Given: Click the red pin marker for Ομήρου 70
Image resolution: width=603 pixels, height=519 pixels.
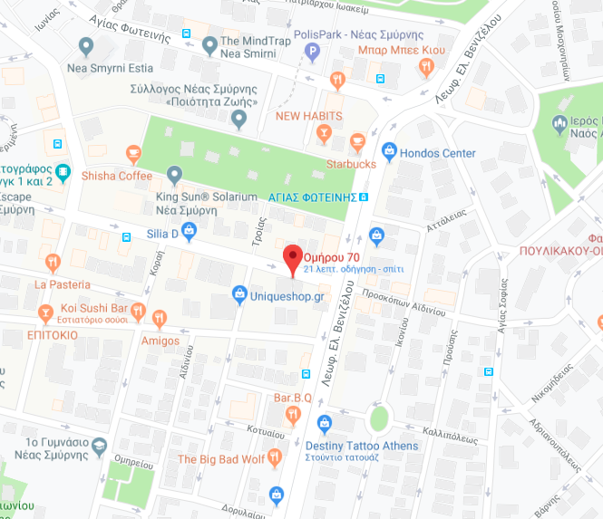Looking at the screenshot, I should tap(292, 257).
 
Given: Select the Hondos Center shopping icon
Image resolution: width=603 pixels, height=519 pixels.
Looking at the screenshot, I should tap(390, 152).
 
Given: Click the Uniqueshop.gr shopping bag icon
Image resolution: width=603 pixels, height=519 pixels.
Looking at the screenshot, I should tap(239, 293).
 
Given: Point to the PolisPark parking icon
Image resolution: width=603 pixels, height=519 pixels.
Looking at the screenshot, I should tap(313, 53).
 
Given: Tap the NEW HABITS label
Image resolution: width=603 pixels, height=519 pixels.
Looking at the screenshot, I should tap(309, 116).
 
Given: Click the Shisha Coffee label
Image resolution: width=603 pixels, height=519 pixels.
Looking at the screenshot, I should tap(117, 176).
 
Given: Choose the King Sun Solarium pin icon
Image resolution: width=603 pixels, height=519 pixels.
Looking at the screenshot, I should tap(175, 173).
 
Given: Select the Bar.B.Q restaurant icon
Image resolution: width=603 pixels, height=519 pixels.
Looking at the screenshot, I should tap(293, 415).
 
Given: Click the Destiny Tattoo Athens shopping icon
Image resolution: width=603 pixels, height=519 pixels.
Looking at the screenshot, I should tap(324, 424).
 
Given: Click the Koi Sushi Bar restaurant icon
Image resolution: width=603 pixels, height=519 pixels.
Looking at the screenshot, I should tap(137, 312).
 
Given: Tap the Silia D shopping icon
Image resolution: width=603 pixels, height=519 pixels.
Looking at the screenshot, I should tap(189, 232).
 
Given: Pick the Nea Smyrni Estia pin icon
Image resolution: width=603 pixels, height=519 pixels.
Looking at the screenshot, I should tap(86, 45).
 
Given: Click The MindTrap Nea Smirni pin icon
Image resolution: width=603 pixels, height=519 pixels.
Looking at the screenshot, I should tap(209, 43).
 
